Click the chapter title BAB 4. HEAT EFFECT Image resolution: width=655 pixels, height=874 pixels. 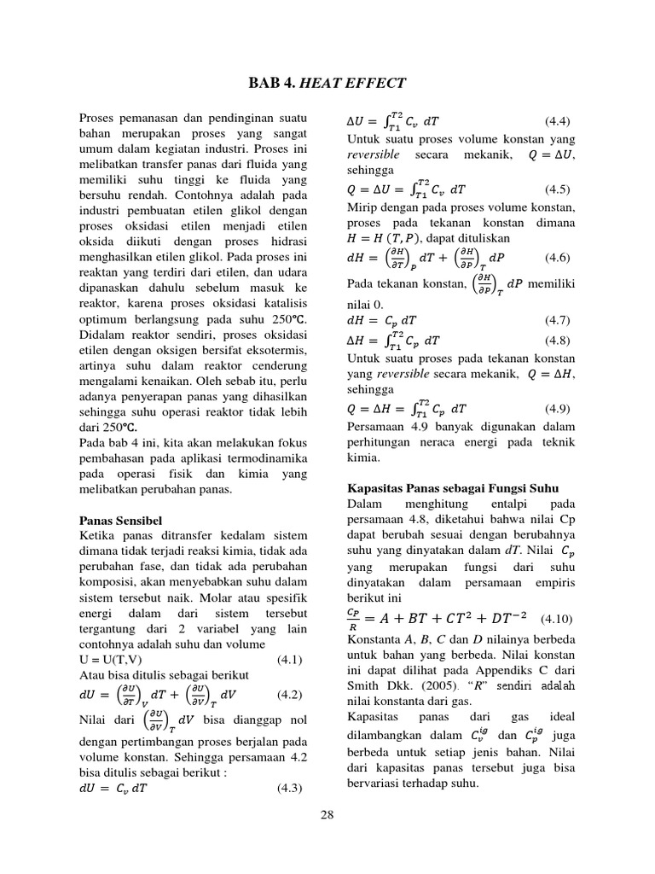pos(327,83)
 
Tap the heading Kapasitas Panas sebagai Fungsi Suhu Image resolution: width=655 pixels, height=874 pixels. pos(452,487)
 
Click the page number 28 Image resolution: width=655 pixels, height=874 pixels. pos(327,815)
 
